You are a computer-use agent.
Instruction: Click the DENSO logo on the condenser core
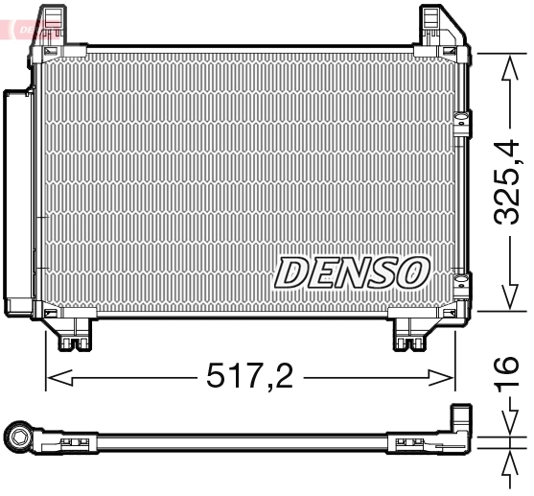coord(351,272)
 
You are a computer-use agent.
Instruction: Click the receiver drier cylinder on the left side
coord(17,201)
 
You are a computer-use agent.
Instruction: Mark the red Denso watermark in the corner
coord(19,27)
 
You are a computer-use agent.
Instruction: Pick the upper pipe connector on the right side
coord(464,124)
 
